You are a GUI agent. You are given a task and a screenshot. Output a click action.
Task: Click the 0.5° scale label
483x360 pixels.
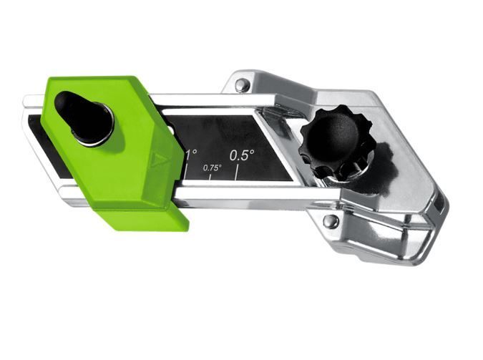(242, 155)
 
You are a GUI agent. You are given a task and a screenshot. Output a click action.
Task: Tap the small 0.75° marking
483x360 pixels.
(213, 168)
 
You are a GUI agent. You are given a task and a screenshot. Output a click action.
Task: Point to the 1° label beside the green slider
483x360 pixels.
(190, 154)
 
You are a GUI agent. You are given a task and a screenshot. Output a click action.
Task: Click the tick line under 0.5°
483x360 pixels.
(237, 172)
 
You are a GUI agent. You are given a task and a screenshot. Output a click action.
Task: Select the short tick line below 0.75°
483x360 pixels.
(210, 177)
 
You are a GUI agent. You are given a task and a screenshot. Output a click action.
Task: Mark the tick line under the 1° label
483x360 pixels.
(186, 170)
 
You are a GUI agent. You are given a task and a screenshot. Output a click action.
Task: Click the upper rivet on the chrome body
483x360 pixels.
(242, 84)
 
